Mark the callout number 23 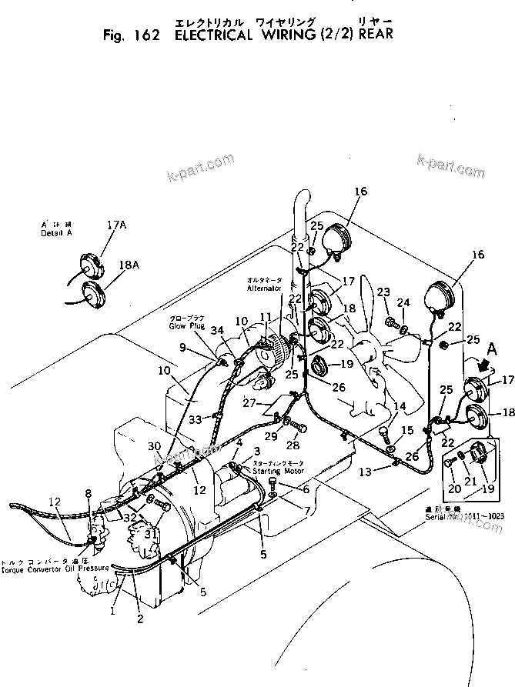pyautogui.click(x=383, y=291)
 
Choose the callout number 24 pyautogui.click(x=404, y=302)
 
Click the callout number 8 pyautogui.click(x=88, y=493)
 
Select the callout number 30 pyautogui.click(x=154, y=446)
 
